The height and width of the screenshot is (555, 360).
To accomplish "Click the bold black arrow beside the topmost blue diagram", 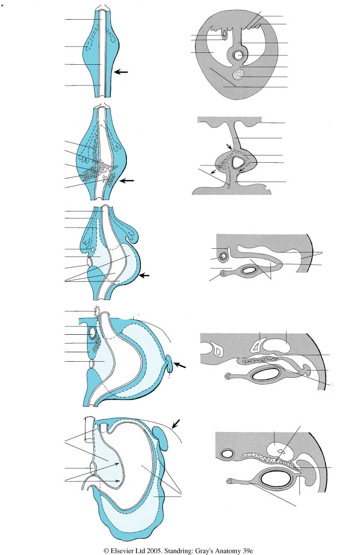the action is pos(122,72).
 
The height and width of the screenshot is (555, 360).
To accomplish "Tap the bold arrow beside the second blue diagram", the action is pos(127,180).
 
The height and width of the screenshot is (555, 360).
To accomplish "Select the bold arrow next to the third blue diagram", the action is pos(145,275).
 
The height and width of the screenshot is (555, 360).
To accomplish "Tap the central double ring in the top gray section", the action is pos(238,55).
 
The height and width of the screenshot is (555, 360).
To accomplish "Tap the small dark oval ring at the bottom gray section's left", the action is pos(226,453).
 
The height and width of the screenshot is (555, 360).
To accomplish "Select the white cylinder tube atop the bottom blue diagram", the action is pos(91,430).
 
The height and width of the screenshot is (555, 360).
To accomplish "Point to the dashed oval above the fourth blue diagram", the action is pos(97,311).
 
